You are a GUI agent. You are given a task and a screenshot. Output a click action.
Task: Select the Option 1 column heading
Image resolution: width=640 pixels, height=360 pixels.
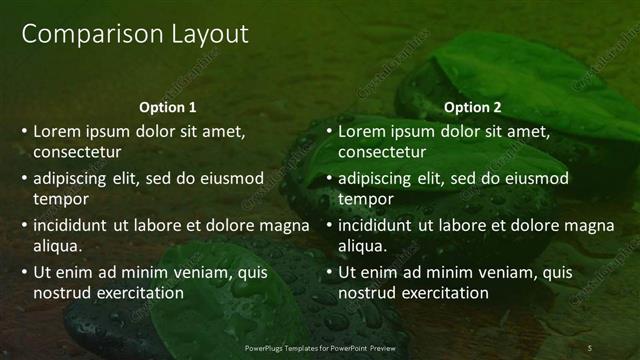[168, 107]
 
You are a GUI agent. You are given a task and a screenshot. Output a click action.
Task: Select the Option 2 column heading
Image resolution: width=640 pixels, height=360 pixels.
[473, 107]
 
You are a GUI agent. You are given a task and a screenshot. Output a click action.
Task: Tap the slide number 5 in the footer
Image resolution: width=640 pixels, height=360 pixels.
[590, 347]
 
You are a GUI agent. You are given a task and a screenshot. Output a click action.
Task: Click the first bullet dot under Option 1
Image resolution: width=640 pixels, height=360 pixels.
[25, 131]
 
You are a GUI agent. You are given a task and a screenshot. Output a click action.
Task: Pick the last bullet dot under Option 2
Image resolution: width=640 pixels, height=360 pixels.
[330, 272]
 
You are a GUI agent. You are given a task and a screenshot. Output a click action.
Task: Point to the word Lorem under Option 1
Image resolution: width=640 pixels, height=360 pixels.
[58, 130]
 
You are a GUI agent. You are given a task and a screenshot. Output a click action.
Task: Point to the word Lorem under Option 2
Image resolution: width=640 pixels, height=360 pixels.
[363, 130]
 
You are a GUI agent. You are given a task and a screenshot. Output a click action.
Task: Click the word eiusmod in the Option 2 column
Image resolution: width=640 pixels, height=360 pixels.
[533, 178]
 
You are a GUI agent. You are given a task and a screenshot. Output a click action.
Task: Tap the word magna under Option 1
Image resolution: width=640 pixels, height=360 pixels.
[284, 225]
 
